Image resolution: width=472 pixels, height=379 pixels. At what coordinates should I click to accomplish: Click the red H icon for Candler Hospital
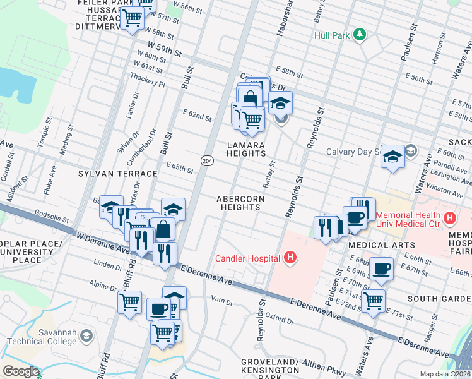(x=290, y=257)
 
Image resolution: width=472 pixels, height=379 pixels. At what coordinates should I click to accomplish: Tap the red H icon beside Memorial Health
(x=450, y=219)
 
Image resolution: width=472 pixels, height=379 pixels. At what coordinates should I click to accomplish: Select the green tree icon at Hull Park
(x=360, y=34)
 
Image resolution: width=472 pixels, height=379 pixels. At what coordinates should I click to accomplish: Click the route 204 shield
(x=207, y=161)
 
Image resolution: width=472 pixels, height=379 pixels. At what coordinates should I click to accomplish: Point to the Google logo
(x=21, y=371)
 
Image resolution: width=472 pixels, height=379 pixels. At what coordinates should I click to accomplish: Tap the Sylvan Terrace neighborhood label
(x=117, y=173)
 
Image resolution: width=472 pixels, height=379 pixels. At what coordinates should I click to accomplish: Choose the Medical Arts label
(x=381, y=244)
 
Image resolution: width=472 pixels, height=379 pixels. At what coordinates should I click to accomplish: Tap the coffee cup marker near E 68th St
(x=382, y=268)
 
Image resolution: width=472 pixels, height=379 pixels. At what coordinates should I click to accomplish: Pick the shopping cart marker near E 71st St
(x=373, y=300)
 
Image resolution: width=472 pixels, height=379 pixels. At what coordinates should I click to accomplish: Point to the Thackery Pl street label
(x=147, y=83)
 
